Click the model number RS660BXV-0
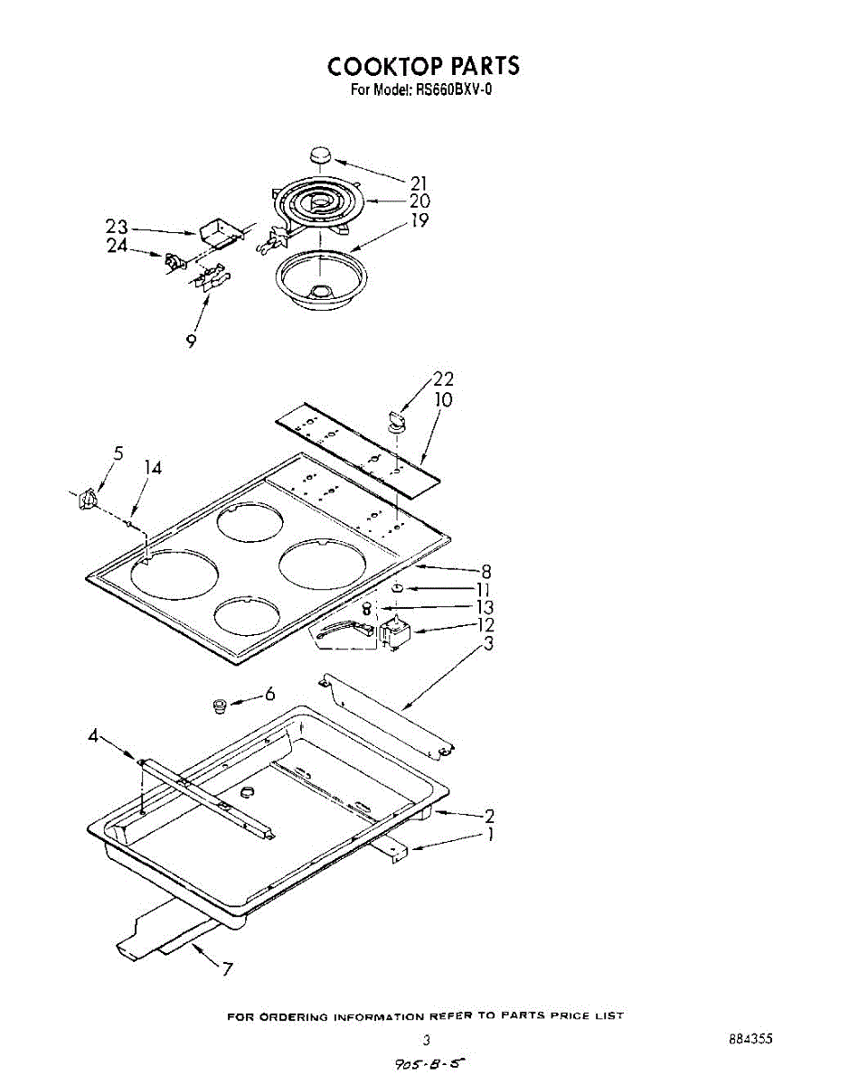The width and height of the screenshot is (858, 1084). coord(453,90)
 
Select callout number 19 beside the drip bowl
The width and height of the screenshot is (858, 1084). coord(420,220)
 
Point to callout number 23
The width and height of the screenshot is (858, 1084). coord(117,228)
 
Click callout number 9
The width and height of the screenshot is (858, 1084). coord(192,341)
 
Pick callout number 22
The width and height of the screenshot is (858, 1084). coord(443,379)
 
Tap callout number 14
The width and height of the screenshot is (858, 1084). coord(153,468)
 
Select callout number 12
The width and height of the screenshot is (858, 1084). coord(486,625)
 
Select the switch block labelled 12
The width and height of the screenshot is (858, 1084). coord(395,631)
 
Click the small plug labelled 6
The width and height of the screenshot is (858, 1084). coord(218,705)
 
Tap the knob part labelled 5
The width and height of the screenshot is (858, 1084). coord(88,498)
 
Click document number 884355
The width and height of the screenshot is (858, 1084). coord(750,1040)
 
